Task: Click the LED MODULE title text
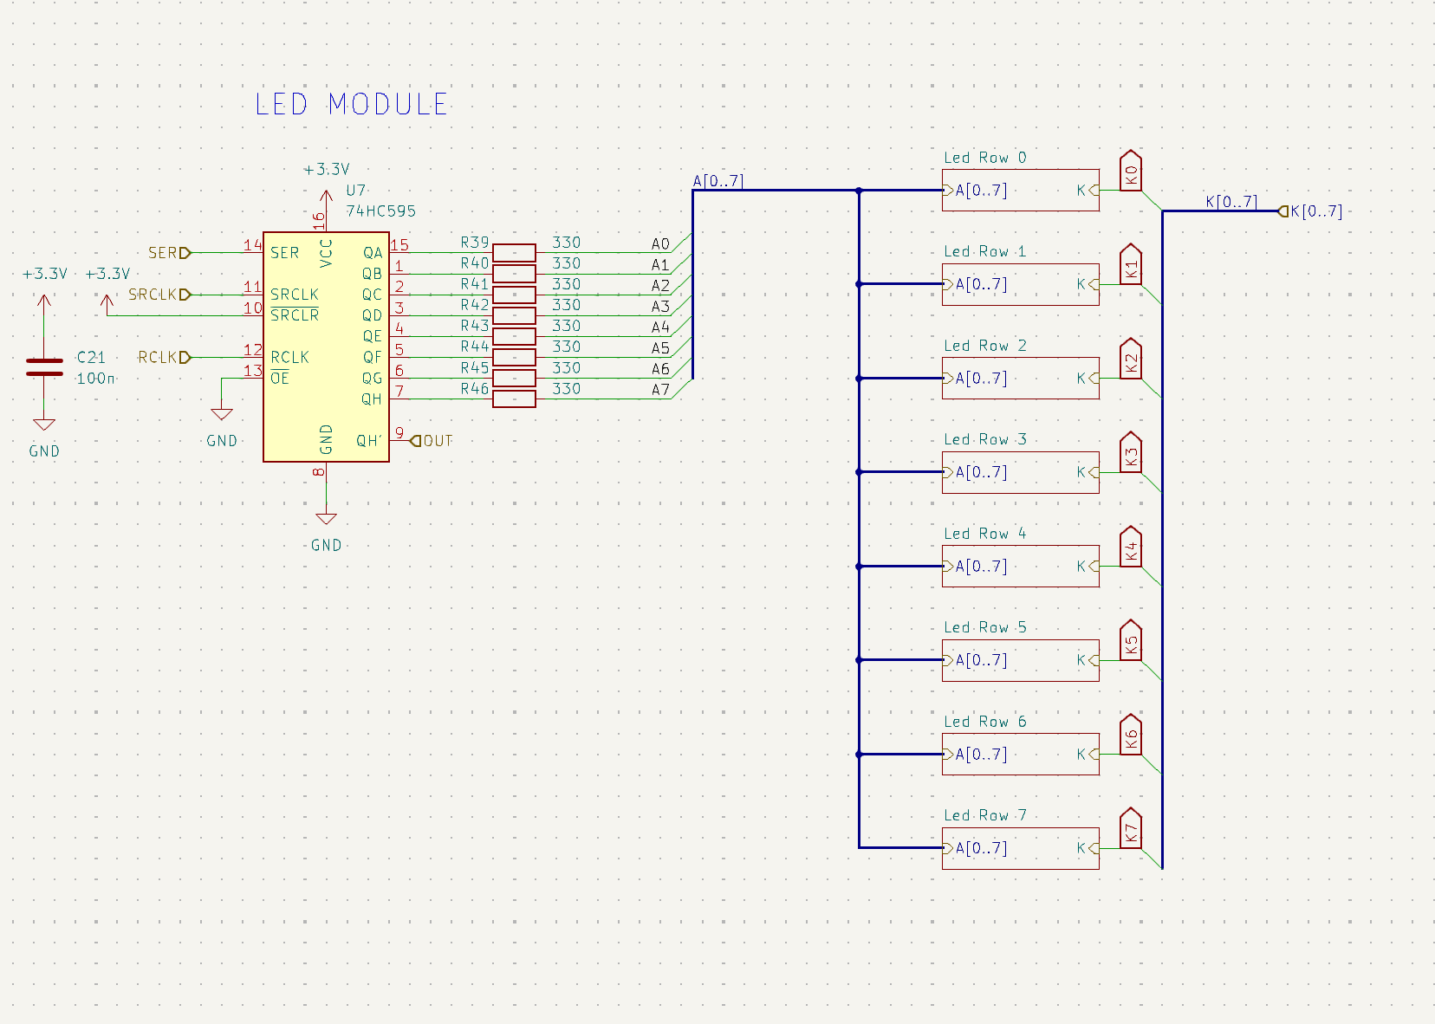point(351,105)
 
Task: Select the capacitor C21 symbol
point(44,367)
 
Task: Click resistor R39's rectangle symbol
point(514,253)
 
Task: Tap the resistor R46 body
point(514,399)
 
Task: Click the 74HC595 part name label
point(380,211)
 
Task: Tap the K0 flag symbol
point(1130,172)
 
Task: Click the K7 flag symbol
point(1130,829)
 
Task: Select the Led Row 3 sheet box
point(1020,472)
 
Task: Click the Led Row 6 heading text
point(984,722)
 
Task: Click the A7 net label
point(660,390)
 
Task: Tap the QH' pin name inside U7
point(369,441)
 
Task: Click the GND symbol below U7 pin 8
point(326,520)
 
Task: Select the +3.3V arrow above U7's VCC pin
point(326,198)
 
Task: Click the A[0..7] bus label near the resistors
point(717,181)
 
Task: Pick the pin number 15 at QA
point(399,245)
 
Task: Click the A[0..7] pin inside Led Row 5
point(980,660)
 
